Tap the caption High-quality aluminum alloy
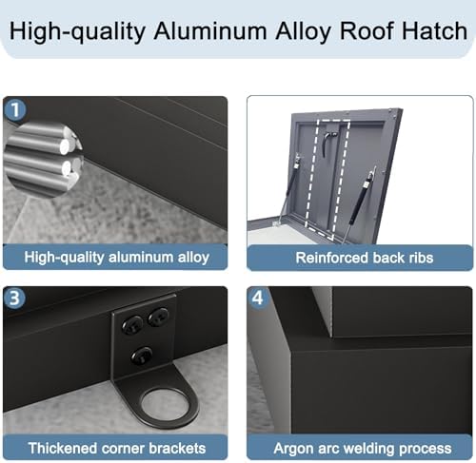115,257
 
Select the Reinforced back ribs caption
359,257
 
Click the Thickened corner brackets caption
115,447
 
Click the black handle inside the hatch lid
327,143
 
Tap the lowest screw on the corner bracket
142,355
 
